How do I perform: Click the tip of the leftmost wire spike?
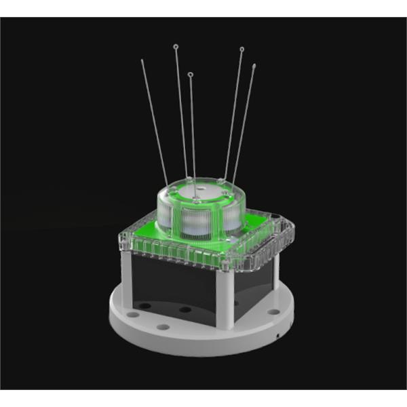[x=142, y=60]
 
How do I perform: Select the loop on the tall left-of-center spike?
[x=176, y=47]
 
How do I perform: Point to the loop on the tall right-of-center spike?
[x=241, y=49]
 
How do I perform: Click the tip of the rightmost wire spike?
[x=254, y=66]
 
